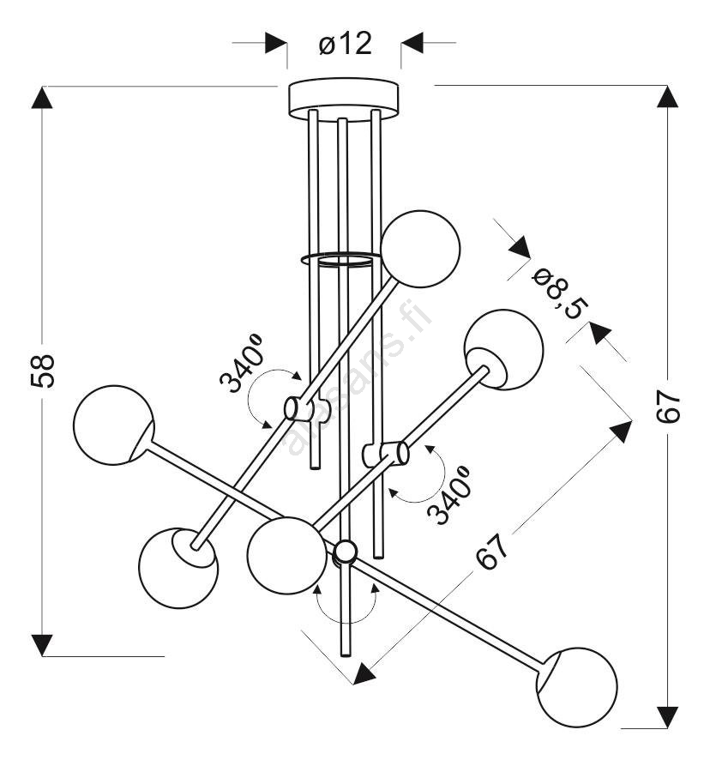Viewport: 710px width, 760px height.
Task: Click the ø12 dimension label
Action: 345,44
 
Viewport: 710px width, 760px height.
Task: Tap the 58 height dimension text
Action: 43,371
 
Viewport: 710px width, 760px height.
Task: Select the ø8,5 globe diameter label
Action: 561,295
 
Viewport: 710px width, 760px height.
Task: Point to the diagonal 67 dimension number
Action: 492,552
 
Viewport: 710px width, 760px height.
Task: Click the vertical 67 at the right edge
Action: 668,407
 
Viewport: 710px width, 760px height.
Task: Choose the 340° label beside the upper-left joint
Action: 241,362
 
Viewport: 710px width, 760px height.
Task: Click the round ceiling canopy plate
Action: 344,99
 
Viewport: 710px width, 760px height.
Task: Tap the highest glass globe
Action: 420,249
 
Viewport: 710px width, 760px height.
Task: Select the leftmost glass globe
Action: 114,425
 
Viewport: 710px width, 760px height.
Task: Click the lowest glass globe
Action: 577,687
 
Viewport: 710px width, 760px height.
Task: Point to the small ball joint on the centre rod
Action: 346,551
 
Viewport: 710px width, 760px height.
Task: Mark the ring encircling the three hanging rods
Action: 340,259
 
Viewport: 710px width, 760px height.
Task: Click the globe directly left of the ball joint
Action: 287,556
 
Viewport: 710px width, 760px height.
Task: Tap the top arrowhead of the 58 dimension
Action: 42,98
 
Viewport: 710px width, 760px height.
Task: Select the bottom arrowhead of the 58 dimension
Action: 42,645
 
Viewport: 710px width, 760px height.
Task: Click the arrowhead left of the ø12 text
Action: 276,43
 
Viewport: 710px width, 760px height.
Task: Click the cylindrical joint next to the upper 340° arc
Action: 299,408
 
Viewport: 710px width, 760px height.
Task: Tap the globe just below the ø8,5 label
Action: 503,349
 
